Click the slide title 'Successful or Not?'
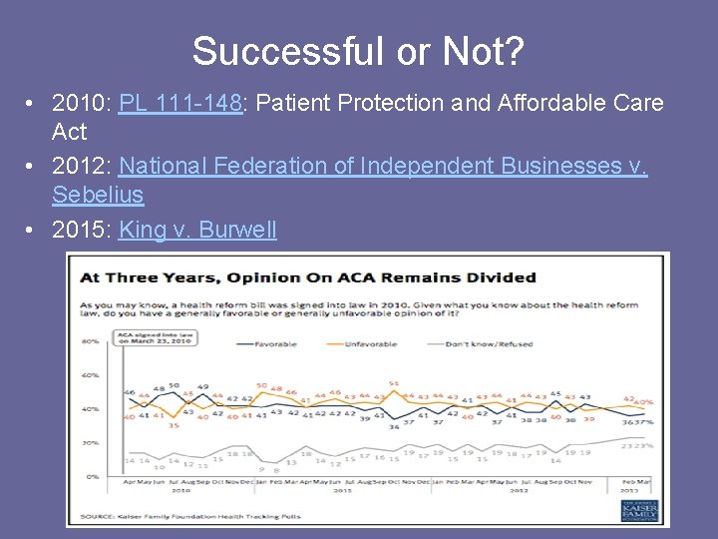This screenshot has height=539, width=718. [358, 51]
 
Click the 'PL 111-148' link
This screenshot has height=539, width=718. [180, 104]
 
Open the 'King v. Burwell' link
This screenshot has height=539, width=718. [197, 230]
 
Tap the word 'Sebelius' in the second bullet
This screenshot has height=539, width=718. [98, 195]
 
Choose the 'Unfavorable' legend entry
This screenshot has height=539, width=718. [375, 344]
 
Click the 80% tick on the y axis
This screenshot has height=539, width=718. [90, 342]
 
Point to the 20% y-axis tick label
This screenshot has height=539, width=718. [90, 442]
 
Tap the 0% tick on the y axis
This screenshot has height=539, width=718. [92, 476]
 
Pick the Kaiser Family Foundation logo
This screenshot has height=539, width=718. [638, 509]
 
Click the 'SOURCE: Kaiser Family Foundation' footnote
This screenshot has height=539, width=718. [189, 516]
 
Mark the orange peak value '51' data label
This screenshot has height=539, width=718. [394, 383]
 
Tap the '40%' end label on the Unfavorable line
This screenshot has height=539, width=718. [645, 401]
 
